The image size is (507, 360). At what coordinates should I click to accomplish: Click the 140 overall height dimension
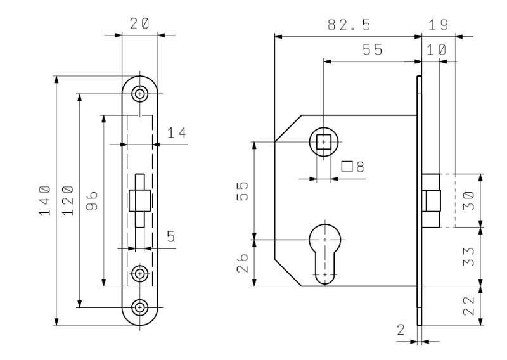coord(44,202)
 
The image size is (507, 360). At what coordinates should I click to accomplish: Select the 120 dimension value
coord(68,201)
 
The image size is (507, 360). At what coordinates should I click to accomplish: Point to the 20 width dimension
coord(139,24)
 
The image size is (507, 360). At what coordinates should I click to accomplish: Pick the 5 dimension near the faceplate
coord(170,236)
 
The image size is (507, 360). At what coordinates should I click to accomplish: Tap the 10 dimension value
coord(437,49)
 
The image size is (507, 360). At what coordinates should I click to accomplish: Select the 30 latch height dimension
coord(469,200)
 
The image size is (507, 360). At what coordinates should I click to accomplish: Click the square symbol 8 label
coord(353,167)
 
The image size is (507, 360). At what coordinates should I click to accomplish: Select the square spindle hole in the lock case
coord(324,143)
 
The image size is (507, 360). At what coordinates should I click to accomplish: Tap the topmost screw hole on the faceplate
coord(139,94)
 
